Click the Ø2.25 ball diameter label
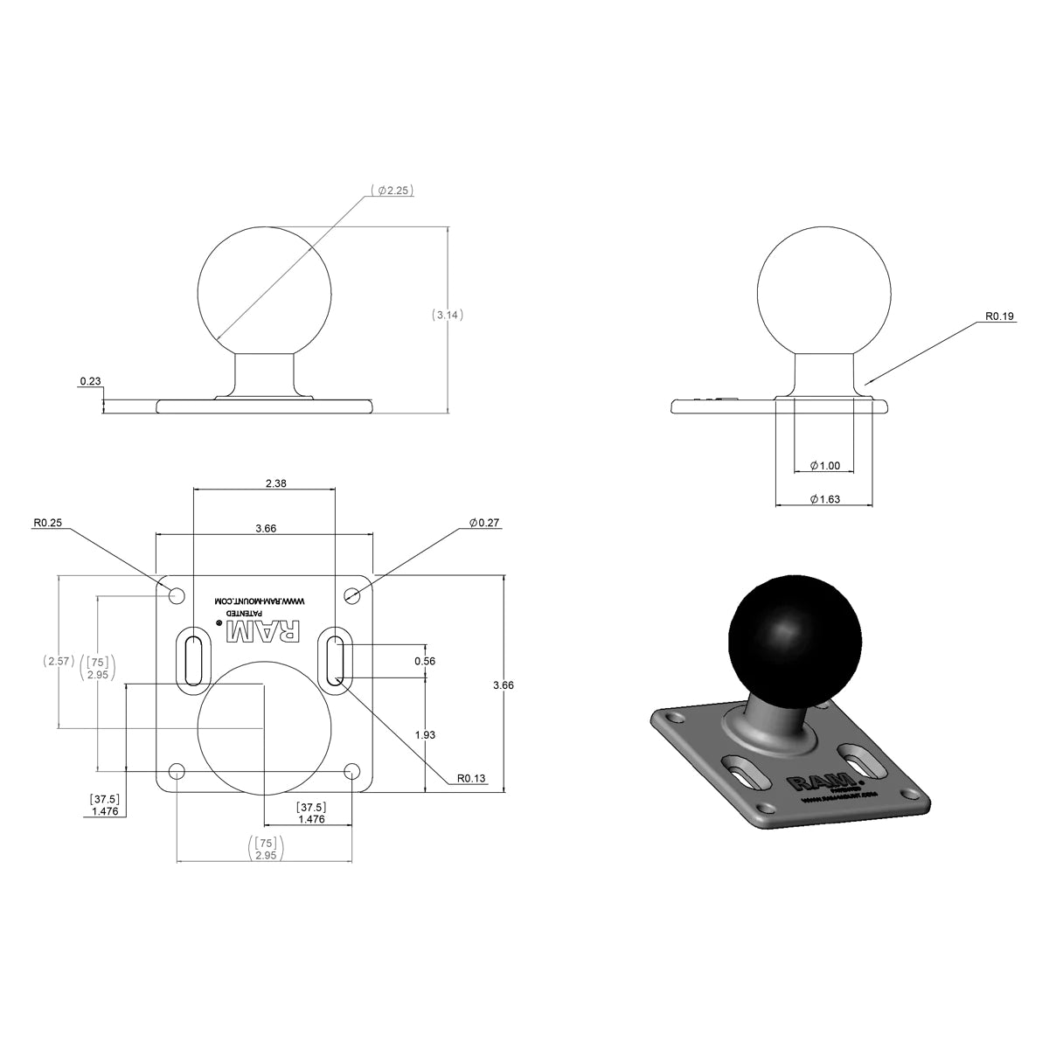click(391, 190)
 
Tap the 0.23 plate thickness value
click(89, 382)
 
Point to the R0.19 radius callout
click(997, 316)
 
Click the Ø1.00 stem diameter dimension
click(825, 466)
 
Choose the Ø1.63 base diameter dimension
click(825, 499)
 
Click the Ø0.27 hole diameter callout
click(483, 523)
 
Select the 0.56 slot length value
click(425, 662)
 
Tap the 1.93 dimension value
click(425, 735)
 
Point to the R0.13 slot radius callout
click(469, 777)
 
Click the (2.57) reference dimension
click(58, 662)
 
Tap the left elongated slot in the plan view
click(193, 660)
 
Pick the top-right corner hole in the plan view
click(352, 596)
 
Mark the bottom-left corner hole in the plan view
click(177, 772)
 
